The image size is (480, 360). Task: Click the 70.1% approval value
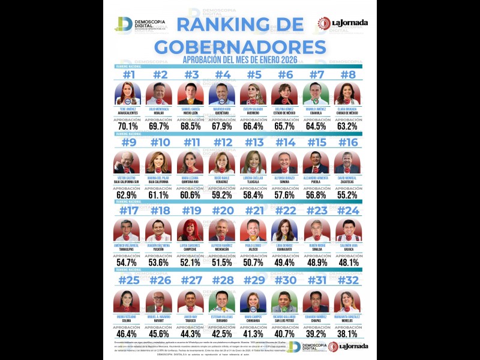(x=128, y=126)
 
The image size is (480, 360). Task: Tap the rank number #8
(x=348, y=75)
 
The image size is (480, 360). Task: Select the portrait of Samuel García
(x=191, y=94)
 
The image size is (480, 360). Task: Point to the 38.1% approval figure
(x=348, y=334)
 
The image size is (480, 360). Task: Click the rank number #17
(x=128, y=211)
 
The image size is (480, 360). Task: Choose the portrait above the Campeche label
(x=191, y=230)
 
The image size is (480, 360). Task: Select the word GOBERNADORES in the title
(x=240, y=47)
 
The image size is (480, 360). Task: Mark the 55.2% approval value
(x=348, y=195)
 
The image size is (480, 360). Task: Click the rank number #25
(x=128, y=280)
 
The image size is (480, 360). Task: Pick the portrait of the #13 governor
(x=254, y=162)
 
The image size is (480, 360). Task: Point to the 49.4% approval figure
(x=285, y=263)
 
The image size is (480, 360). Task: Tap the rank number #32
(x=348, y=280)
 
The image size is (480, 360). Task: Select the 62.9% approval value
(x=128, y=195)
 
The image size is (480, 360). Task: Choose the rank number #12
(x=222, y=143)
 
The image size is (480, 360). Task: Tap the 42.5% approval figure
(x=222, y=334)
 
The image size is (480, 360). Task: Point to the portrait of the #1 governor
(x=128, y=94)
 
